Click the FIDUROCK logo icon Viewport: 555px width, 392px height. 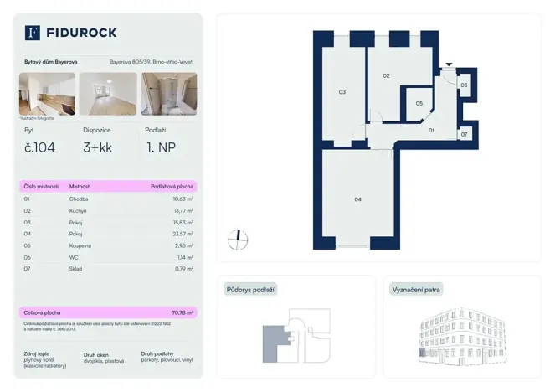point(33,33)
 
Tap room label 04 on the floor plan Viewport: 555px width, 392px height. point(357,199)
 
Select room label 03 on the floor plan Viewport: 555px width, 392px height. point(342,92)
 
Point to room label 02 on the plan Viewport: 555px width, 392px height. point(387,76)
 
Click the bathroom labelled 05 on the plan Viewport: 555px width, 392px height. point(419,104)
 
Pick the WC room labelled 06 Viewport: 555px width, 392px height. point(464,85)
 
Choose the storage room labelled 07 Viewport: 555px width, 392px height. point(465,134)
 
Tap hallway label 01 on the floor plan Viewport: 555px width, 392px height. point(432,131)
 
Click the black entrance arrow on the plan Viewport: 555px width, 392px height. point(450,64)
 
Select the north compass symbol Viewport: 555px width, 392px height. point(238,240)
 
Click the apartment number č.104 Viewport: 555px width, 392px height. point(39,149)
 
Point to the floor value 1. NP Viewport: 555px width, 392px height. point(160,149)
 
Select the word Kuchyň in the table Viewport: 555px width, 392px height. point(80,211)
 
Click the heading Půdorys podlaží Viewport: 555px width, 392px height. point(250,290)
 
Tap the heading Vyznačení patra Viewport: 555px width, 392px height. point(417,290)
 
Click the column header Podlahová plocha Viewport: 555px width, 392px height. point(172,186)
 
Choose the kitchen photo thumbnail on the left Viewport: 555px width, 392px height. point(47,94)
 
